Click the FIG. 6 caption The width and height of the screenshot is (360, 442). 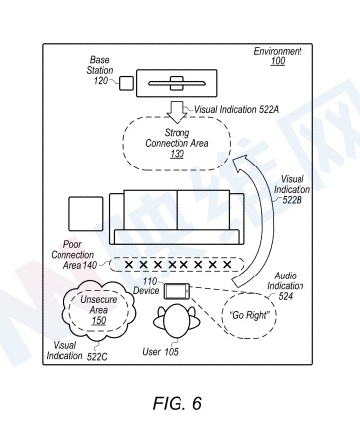(x=178, y=403)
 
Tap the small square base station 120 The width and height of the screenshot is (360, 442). (x=126, y=83)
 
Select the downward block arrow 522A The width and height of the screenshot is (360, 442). (x=178, y=112)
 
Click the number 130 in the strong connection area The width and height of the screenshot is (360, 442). (x=178, y=154)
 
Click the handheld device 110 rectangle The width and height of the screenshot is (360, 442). (x=178, y=291)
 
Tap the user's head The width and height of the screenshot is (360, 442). (x=177, y=320)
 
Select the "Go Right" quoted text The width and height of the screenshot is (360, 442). (x=249, y=315)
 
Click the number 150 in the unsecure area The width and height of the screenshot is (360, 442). (x=99, y=320)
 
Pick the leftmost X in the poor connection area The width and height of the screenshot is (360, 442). (x=129, y=264)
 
